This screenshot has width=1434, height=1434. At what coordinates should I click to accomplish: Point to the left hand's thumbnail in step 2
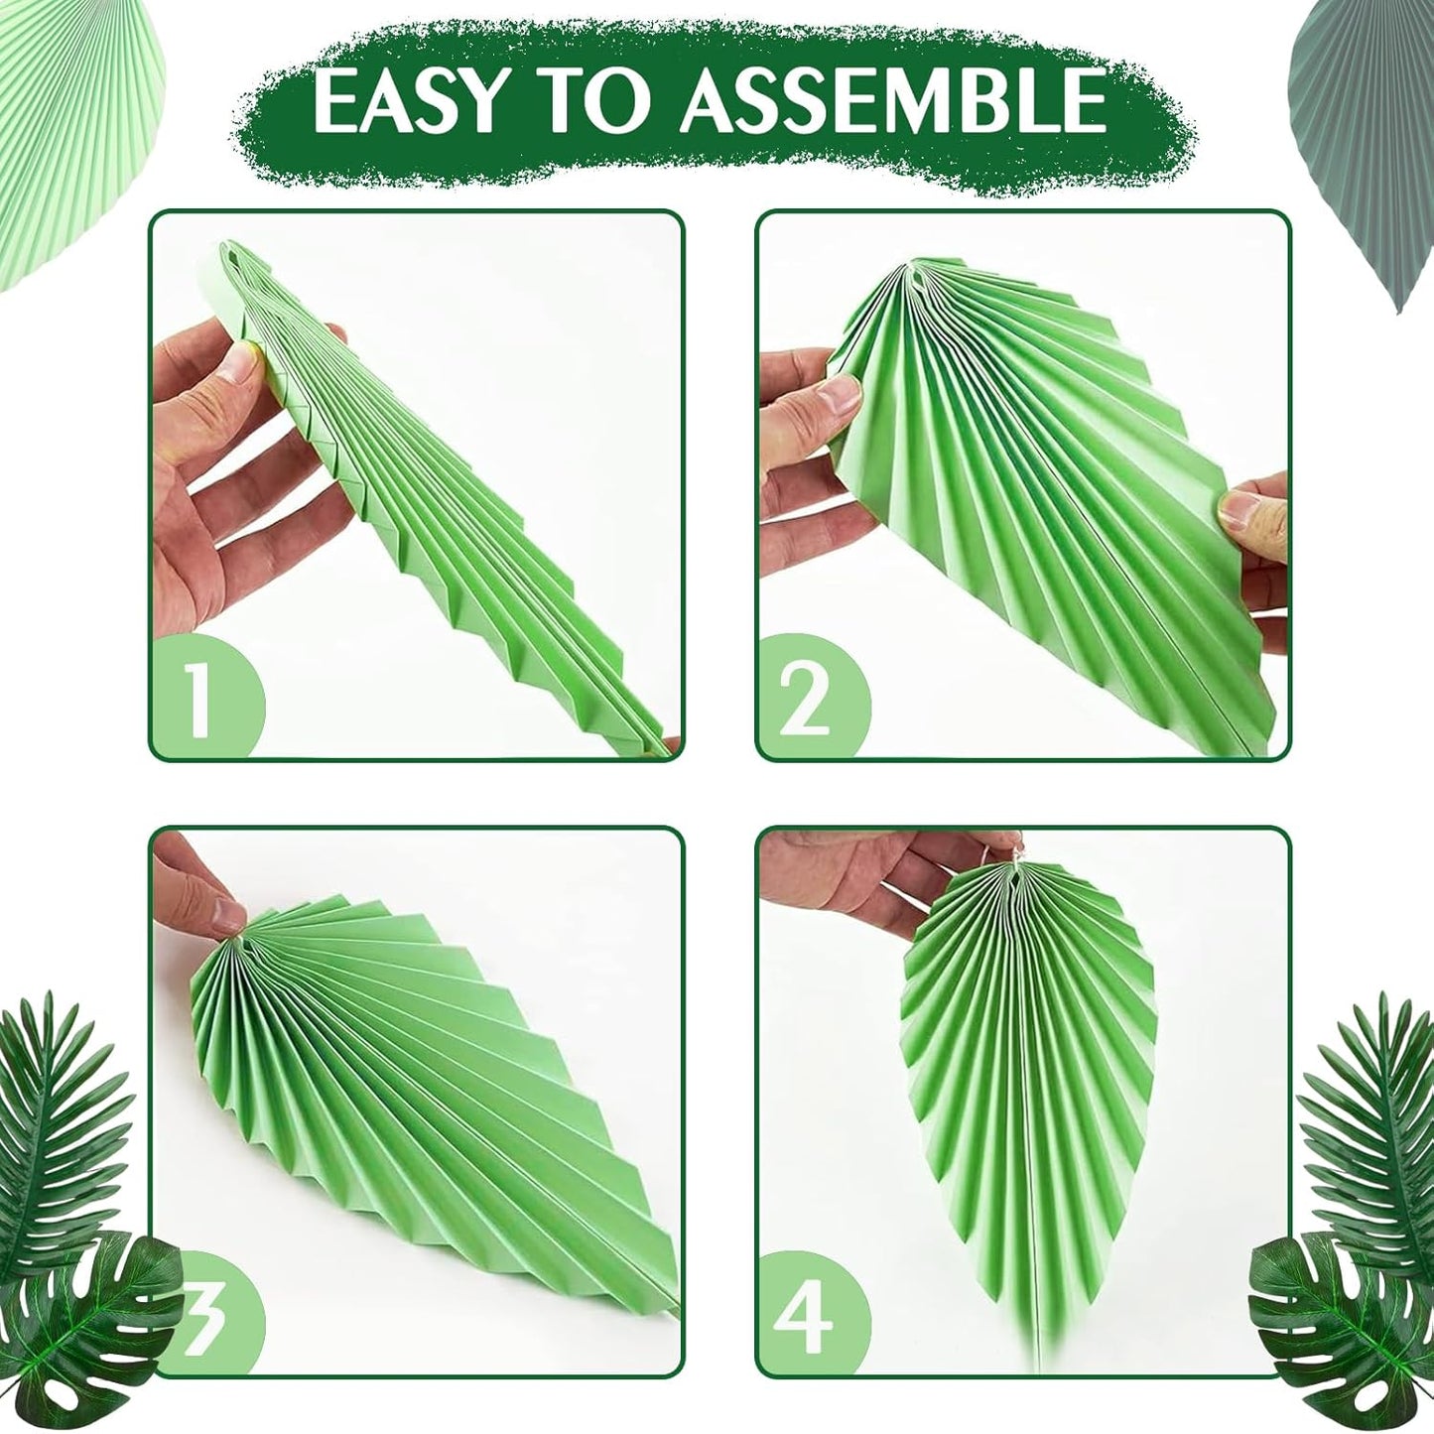(x=839, y=399)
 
